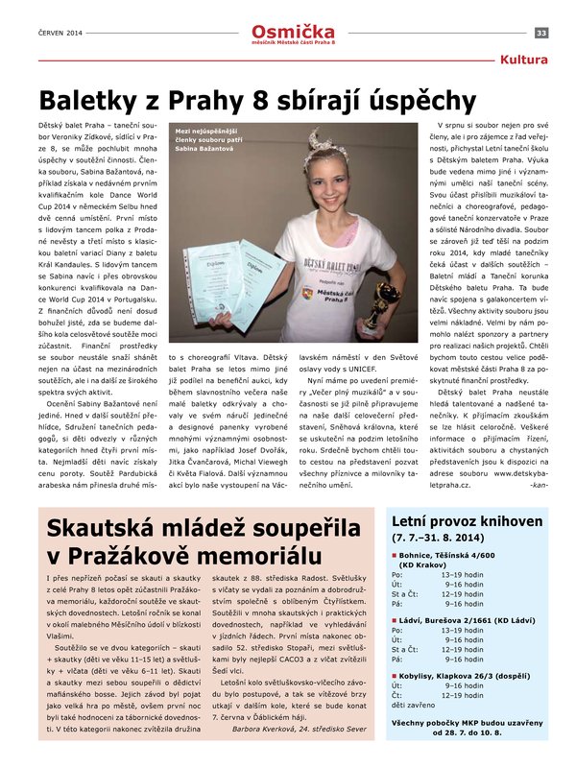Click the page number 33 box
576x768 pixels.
[541, 33]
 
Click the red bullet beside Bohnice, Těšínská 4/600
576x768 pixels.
[394, 556]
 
